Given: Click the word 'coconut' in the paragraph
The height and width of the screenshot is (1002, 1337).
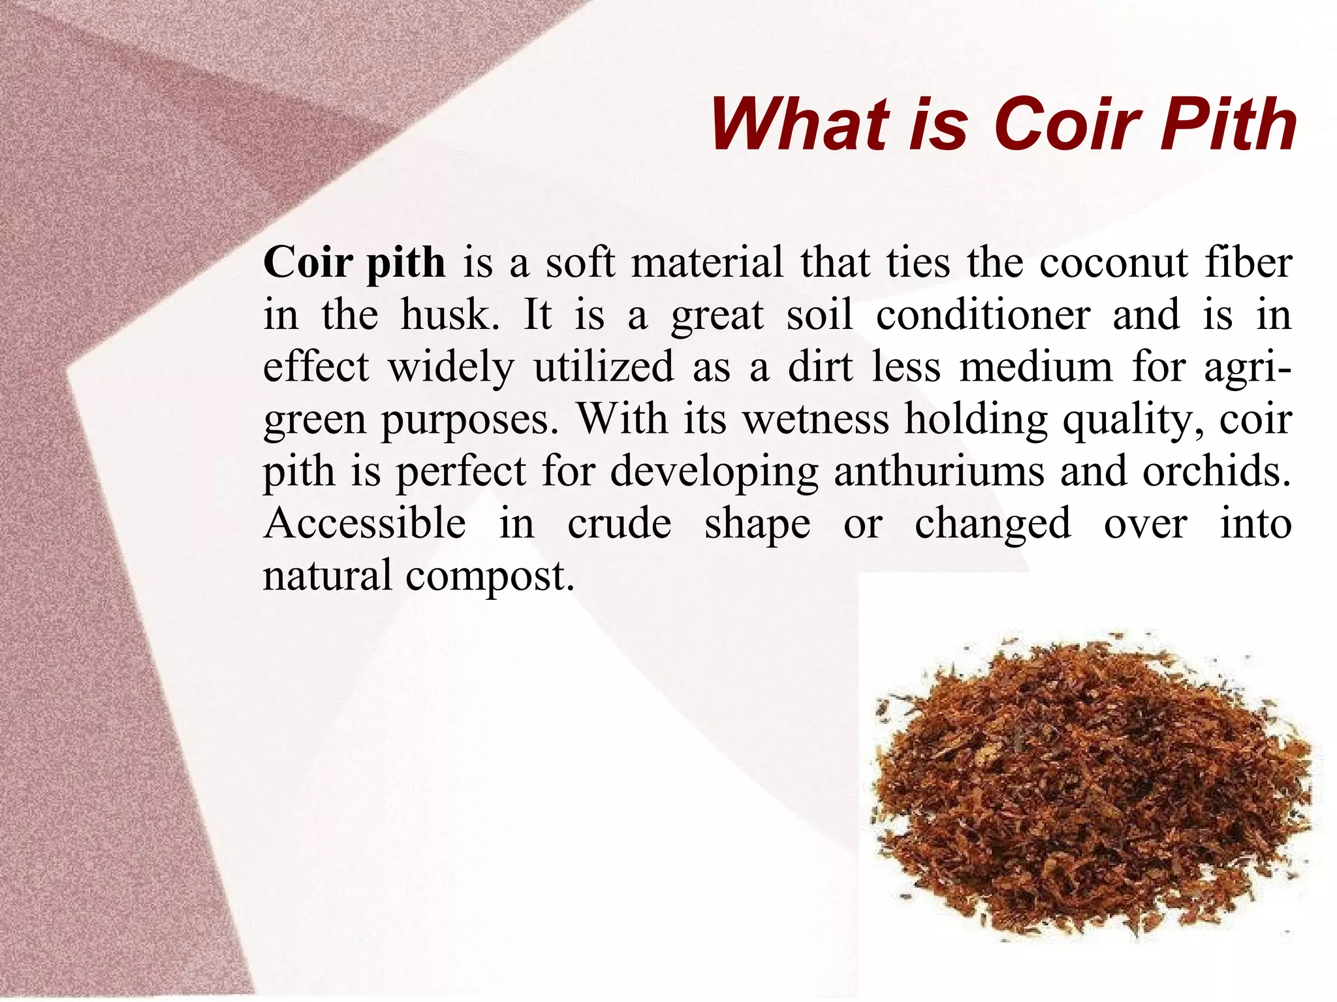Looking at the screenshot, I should pyautogui.click(x=1114, y=262).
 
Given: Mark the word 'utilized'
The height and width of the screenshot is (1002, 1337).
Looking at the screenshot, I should pyautogui.click(x=603, y=367).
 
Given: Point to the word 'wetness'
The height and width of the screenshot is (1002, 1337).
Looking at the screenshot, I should pyautogui.click(x=816, y=419).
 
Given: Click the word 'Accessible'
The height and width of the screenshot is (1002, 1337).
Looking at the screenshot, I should pyautogui.click(x=364, y=524).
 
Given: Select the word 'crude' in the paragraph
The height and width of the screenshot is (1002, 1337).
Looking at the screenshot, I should pyautogui.click(x=619, y=524).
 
